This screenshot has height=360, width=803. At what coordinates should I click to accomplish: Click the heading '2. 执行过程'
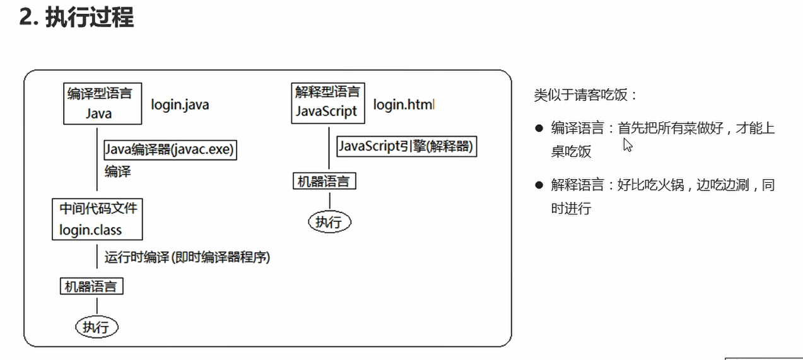[x=76, y=17]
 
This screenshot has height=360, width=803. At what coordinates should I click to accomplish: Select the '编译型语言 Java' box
[x=100, y=103]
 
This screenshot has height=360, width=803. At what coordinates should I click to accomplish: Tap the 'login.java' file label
[x=180, y=105]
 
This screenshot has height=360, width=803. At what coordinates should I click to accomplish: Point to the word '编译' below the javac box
[x=118, y=171]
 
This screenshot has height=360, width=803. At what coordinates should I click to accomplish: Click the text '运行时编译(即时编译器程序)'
[x=187, y=257]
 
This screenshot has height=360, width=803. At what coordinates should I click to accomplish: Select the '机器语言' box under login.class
[x=91, y=286]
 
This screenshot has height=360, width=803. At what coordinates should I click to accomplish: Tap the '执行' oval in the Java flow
[x=97, y=327]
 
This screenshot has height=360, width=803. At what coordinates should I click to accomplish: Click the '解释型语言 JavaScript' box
[x=327, y=102]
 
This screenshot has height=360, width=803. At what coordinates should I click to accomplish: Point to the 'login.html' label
[x=403, y=105]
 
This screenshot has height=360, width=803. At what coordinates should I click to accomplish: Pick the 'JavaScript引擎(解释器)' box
[x=406, y=147]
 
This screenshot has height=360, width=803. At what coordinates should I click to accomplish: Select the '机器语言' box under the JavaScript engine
[x=324, y=182]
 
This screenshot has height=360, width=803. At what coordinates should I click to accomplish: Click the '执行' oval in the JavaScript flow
[x=329, y=221]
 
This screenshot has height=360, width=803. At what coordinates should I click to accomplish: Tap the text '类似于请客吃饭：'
[x=586, y=95]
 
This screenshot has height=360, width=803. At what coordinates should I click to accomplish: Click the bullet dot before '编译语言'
[x=539, y=129]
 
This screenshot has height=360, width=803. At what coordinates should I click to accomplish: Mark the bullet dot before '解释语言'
[x=539, y=185]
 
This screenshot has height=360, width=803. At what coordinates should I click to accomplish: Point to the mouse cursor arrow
[x=627, y=145]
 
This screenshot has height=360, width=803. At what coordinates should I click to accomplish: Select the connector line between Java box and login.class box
[x=97, y=161]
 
